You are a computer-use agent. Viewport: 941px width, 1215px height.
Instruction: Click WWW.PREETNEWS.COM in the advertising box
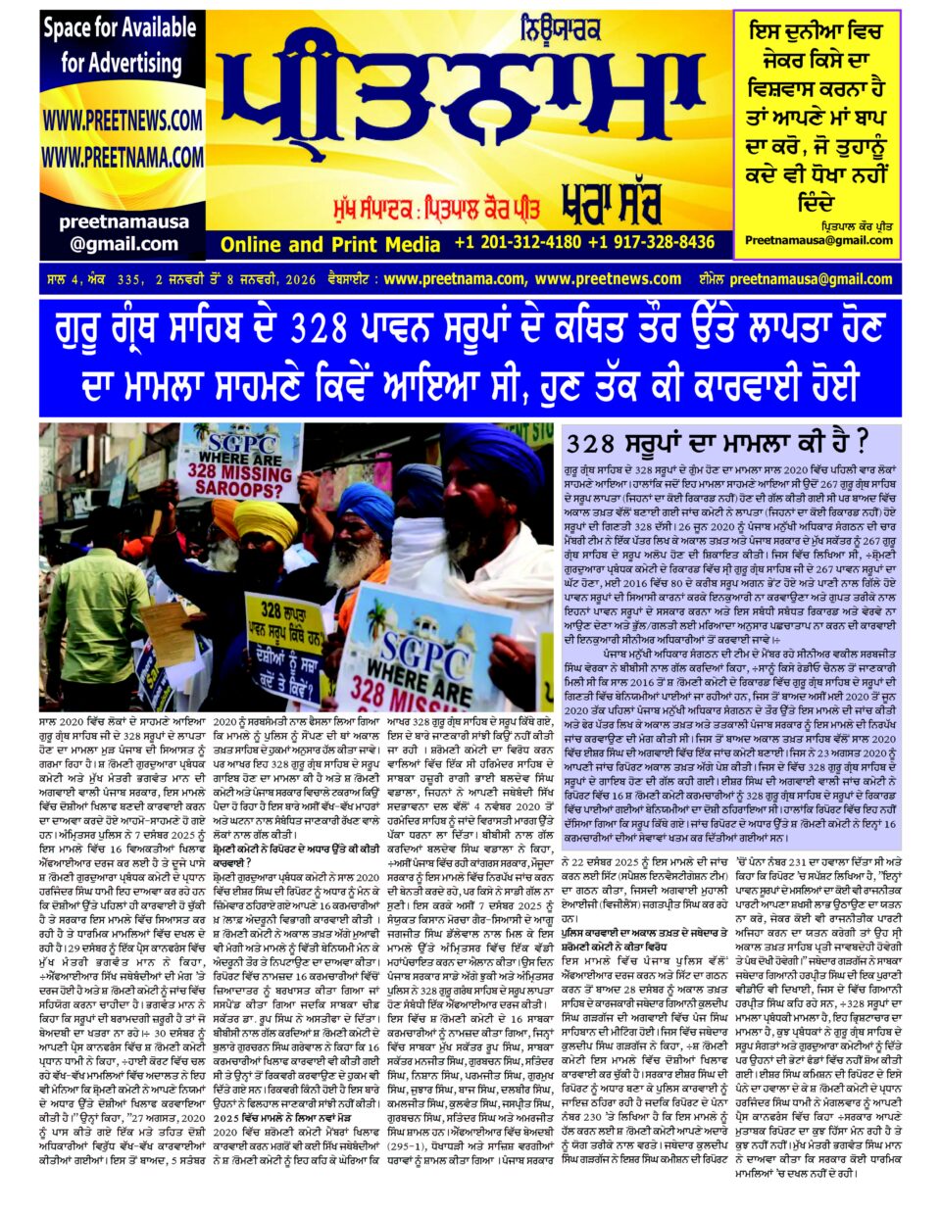coord(123,121)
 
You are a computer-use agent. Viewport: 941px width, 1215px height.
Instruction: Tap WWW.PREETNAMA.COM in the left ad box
coord(123,157)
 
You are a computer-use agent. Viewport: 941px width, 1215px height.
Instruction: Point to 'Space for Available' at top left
coord(120,28)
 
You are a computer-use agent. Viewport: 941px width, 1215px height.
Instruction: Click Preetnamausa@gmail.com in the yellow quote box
coord(818,240)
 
